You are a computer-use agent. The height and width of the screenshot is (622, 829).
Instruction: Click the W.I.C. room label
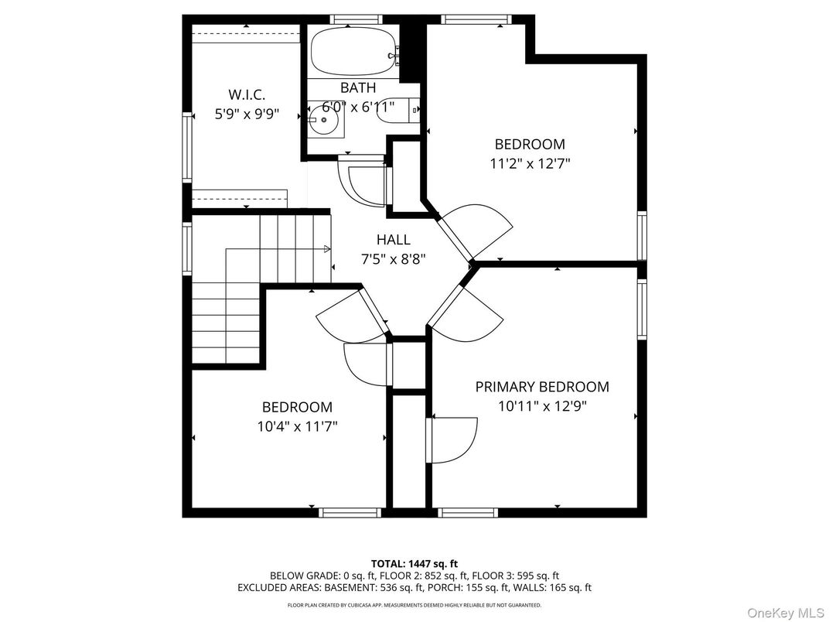[x=247, y=94]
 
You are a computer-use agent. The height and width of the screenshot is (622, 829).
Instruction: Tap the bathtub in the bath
[x=353, y=50]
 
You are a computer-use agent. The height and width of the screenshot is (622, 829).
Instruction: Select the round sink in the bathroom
[x=323, y=120]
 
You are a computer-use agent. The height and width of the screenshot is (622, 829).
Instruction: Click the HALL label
[x=393, y=240]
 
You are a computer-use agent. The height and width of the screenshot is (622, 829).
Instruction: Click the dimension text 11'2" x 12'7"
[x=530, y=163]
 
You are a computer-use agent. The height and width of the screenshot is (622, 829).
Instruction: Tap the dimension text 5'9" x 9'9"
[x=247, y=114]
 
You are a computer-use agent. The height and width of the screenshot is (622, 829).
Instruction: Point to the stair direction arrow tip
[x=328, y=249]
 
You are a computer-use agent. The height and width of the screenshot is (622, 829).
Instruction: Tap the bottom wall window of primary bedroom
[x=468, y=512]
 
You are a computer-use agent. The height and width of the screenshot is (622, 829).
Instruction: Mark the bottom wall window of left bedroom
[x=350, y=512]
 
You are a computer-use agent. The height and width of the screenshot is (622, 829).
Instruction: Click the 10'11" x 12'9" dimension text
[x=541, y=406]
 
